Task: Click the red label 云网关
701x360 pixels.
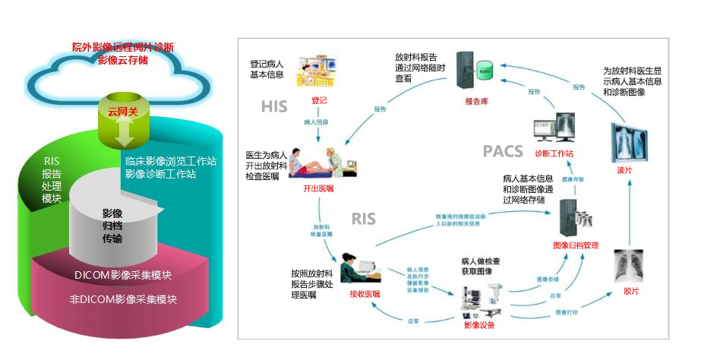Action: click(122, 111)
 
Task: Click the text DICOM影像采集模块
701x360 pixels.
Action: click(123, 275)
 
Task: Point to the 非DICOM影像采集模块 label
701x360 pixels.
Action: click(123, 299)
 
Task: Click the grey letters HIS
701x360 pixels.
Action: click(273, 106)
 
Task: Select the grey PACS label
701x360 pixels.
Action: click(503, 151)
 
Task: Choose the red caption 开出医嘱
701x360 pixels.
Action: click(317, 188)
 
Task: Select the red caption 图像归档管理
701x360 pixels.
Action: click(576, 245)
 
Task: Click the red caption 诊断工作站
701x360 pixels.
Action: click(554, 153)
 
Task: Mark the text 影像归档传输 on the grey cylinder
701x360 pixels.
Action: click(112, 226)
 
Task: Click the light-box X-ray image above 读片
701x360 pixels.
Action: click(630, 140)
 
